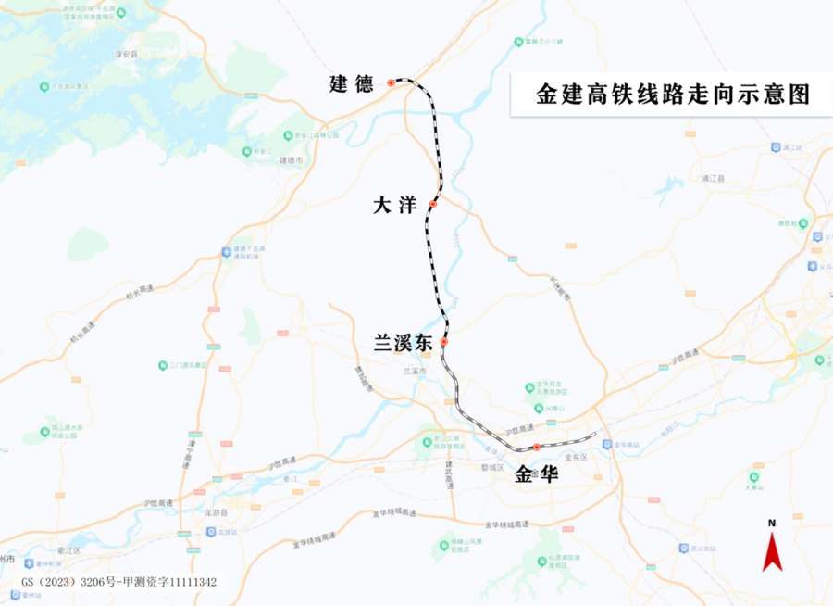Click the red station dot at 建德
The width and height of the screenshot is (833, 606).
click(391, 83)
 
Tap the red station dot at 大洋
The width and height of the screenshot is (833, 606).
click(432, 203)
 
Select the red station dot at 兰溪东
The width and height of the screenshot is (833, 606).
click(444, 342)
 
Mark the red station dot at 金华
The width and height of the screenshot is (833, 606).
click(536, 448)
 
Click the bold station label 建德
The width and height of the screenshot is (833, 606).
click(352, 84)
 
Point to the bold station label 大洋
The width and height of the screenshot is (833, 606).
click(395, 207)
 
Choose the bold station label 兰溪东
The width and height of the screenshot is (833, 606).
click(403, 343)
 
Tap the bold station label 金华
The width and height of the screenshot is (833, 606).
click(537, 473)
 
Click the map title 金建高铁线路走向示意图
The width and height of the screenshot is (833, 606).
click(673, 95)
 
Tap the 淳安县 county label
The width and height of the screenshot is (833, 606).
click(126, 55)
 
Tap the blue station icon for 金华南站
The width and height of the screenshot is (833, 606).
click(615, 445)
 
